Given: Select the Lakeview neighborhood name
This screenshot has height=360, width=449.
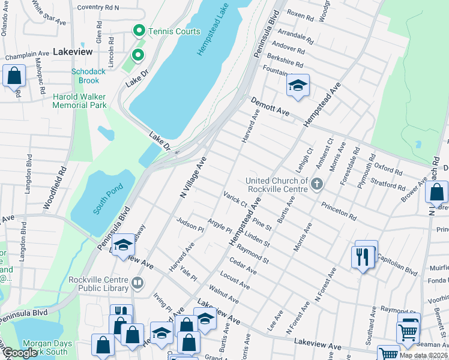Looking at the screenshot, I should (73, 52).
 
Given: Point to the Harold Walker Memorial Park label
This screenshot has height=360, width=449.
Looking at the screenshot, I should (79, 101).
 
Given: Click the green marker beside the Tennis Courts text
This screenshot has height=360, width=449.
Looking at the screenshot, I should (139, 30).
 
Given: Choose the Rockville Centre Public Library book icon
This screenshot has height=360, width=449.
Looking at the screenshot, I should (137, 281).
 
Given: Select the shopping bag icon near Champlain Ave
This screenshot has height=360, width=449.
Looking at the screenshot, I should (14, 76).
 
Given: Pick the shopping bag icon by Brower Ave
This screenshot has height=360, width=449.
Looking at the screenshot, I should (436, 192).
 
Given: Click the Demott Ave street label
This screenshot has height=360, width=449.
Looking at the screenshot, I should (270, 107).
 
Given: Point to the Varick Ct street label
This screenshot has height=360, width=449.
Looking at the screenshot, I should (235, 199).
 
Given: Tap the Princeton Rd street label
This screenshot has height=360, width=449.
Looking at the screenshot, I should (339, 211).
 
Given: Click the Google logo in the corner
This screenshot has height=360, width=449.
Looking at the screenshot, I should (20, 353).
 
